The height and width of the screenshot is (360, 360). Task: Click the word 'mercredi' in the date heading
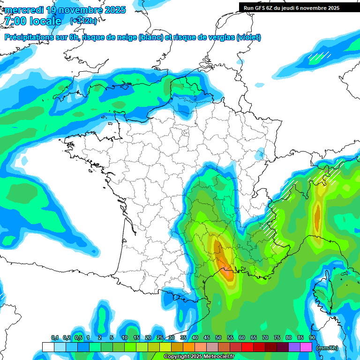click(25, 10)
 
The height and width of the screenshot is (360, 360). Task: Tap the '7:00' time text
click(16, 22)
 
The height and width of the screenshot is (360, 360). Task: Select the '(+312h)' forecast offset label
click(83, 21)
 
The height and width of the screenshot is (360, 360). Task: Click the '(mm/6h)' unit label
click(327, 348)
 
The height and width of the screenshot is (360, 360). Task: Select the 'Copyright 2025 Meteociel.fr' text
click(199, 357)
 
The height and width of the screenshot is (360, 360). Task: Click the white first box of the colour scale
click(48, 347)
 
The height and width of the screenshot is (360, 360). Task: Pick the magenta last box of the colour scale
click(306, 347)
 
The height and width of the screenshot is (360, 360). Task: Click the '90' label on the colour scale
click(312, 338)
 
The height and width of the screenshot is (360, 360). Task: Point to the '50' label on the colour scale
click(218, 338)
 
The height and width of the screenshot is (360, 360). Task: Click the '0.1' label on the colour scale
click(55, 338)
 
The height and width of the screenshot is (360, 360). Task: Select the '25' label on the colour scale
click(160, 338)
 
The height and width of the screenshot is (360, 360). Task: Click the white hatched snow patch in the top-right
click(319, 57)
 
